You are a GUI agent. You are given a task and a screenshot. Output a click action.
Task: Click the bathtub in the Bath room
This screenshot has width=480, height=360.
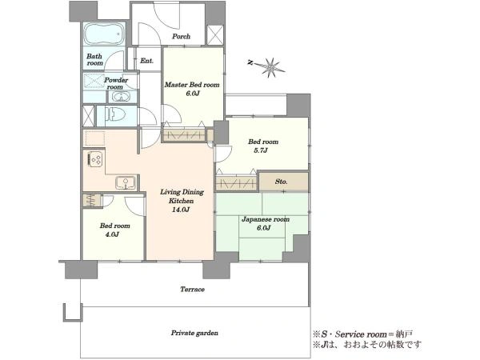coord(104,34)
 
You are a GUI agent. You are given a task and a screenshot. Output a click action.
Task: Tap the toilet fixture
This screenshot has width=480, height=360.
coord(115,115)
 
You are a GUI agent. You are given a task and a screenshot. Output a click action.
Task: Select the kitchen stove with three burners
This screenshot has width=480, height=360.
coord(95,159)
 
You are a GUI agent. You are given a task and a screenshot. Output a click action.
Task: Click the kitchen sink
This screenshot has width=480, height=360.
coord(126,182)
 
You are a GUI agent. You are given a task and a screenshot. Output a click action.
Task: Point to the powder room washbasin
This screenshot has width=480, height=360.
coord(122,97)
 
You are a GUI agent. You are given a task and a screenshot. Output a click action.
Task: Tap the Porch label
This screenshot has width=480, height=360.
coord(181,37)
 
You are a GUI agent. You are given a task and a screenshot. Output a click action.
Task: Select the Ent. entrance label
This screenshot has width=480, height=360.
coord(146,61)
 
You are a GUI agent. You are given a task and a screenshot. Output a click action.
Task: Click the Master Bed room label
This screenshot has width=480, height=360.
coord(192,85)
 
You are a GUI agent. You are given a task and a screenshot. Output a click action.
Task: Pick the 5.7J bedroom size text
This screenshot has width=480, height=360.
coord(263,150)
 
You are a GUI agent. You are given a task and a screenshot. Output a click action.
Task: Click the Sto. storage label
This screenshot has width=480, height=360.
coord(281,182)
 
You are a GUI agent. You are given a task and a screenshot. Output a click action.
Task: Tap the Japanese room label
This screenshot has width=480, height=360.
coord(266,219)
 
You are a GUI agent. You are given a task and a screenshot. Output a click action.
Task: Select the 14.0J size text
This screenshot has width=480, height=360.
coord(182,210)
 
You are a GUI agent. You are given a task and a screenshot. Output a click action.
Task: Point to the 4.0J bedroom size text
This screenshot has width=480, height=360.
coord(112,234)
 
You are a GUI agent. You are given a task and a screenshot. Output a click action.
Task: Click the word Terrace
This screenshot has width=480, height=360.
coord(192,290)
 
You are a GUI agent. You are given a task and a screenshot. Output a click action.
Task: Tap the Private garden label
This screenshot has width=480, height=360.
coord(194,333)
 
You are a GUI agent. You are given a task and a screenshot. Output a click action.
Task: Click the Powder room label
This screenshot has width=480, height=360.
coord(116,83)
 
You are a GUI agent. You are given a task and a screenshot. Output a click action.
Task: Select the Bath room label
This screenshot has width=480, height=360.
coord(94,60)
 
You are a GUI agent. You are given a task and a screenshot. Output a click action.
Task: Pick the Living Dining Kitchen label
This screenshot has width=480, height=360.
coord(182,197)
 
